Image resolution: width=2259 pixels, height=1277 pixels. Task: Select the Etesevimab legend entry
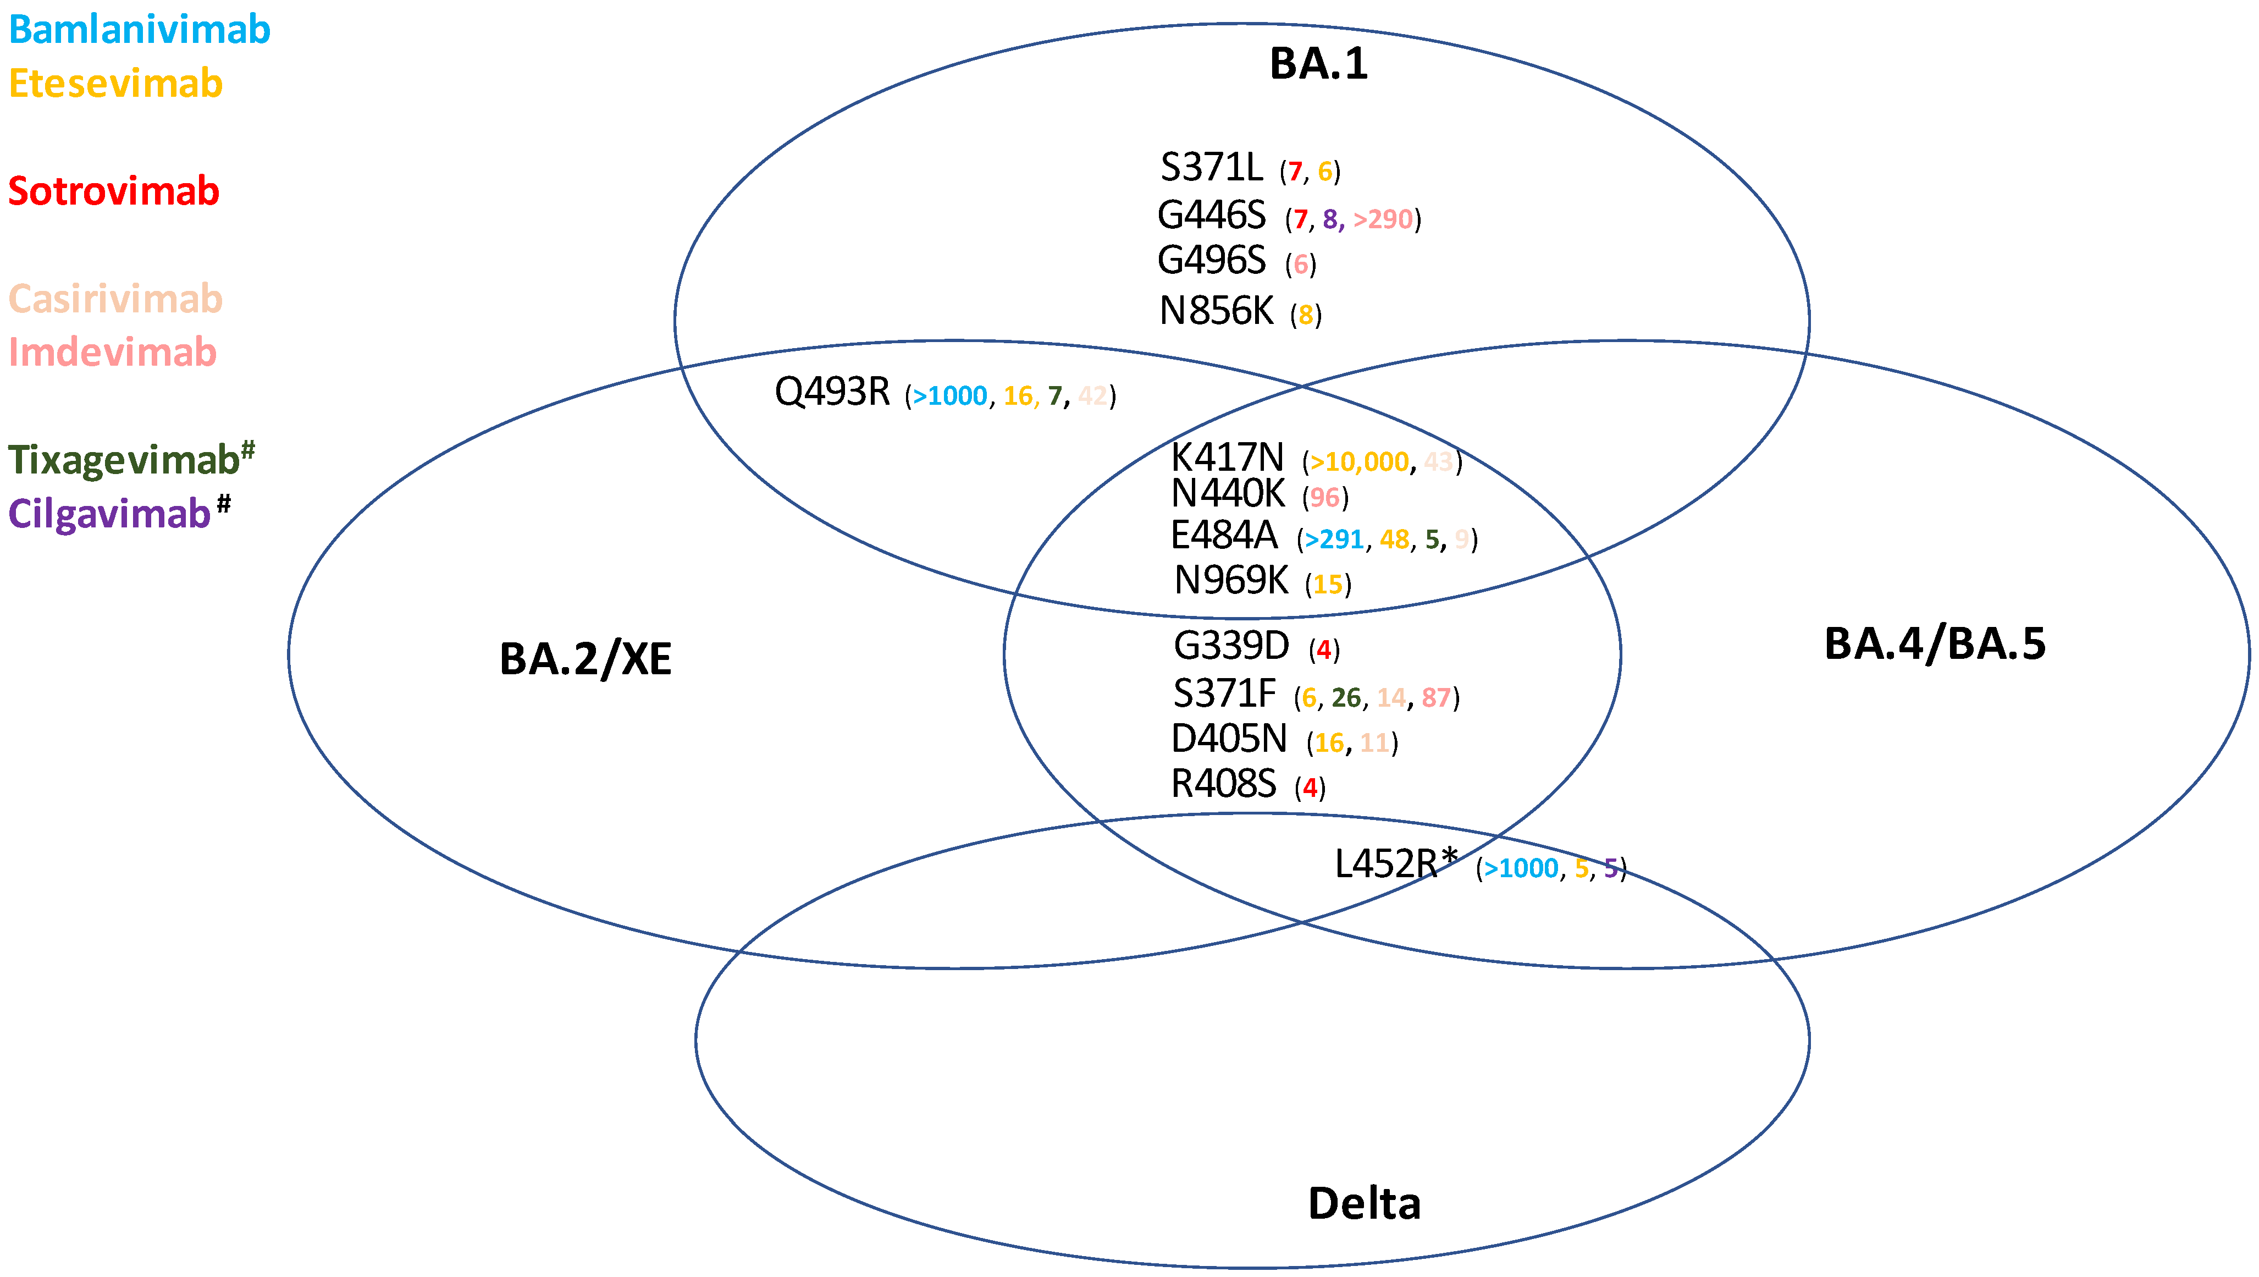(x=116, y=84)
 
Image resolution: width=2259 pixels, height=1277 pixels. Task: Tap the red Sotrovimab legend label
(x=114, y=191)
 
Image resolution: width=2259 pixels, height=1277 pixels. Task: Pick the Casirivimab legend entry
(x=116, y=299)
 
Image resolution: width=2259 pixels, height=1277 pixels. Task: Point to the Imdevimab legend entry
(x=112, y=353)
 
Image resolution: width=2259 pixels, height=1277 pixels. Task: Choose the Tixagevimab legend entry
(x=125, y=460)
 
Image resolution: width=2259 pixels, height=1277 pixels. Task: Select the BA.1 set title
(x=1318, y=64)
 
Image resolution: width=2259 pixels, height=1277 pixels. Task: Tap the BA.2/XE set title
(x=585, y=659)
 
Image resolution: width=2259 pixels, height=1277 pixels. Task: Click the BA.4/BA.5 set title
(x=1935, y=645)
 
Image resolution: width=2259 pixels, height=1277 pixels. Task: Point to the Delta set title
(x=1363, y=1203)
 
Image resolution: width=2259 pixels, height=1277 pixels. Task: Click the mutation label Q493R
(x=832, y=392)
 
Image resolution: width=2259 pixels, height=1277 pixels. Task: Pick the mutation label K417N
(x=1227, y=458)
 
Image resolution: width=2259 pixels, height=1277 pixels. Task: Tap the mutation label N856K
(x=1216, y=311)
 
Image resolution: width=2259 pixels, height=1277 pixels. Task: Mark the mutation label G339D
(x=1230, y=646)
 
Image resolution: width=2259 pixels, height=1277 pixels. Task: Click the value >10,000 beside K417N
(x=1359, y=462)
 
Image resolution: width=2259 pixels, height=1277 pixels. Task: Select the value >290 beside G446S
(x=1383, y=219)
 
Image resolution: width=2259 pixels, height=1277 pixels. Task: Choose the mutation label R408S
(x=1223, y=784)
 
